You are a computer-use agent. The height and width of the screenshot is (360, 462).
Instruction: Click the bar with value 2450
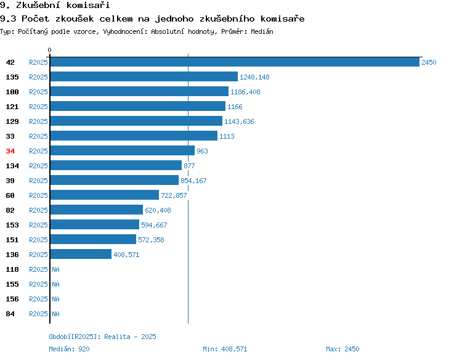235,62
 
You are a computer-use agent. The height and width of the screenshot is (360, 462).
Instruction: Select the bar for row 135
144,76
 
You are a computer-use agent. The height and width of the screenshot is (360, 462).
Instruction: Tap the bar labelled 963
123,150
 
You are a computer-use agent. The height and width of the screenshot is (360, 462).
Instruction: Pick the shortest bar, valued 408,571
81,254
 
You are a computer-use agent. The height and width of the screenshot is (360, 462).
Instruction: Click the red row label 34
10,151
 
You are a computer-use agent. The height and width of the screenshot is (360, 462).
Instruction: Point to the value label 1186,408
245,92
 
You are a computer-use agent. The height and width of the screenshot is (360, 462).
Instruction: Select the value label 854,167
193,181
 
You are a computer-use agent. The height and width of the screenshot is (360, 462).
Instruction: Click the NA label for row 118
55,269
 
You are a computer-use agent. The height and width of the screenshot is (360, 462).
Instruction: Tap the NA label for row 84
55,314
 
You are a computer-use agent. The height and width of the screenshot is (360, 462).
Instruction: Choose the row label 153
12,225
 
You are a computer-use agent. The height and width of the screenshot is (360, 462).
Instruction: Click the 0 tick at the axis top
49,50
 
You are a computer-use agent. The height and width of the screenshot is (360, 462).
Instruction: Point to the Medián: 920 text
69,349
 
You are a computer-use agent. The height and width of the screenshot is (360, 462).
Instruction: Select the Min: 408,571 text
225,349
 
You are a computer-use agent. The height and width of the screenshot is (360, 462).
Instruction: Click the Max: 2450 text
342,349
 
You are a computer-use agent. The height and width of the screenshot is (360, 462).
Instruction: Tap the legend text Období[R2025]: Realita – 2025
102,337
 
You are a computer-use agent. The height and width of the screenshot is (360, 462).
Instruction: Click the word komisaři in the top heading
88,5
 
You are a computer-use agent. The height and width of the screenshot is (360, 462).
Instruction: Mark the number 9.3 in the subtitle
8,19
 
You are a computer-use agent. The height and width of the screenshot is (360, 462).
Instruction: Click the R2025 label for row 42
38,62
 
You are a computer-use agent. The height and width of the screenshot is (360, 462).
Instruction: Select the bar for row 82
97,210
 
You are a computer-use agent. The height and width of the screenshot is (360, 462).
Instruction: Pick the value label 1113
227,136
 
